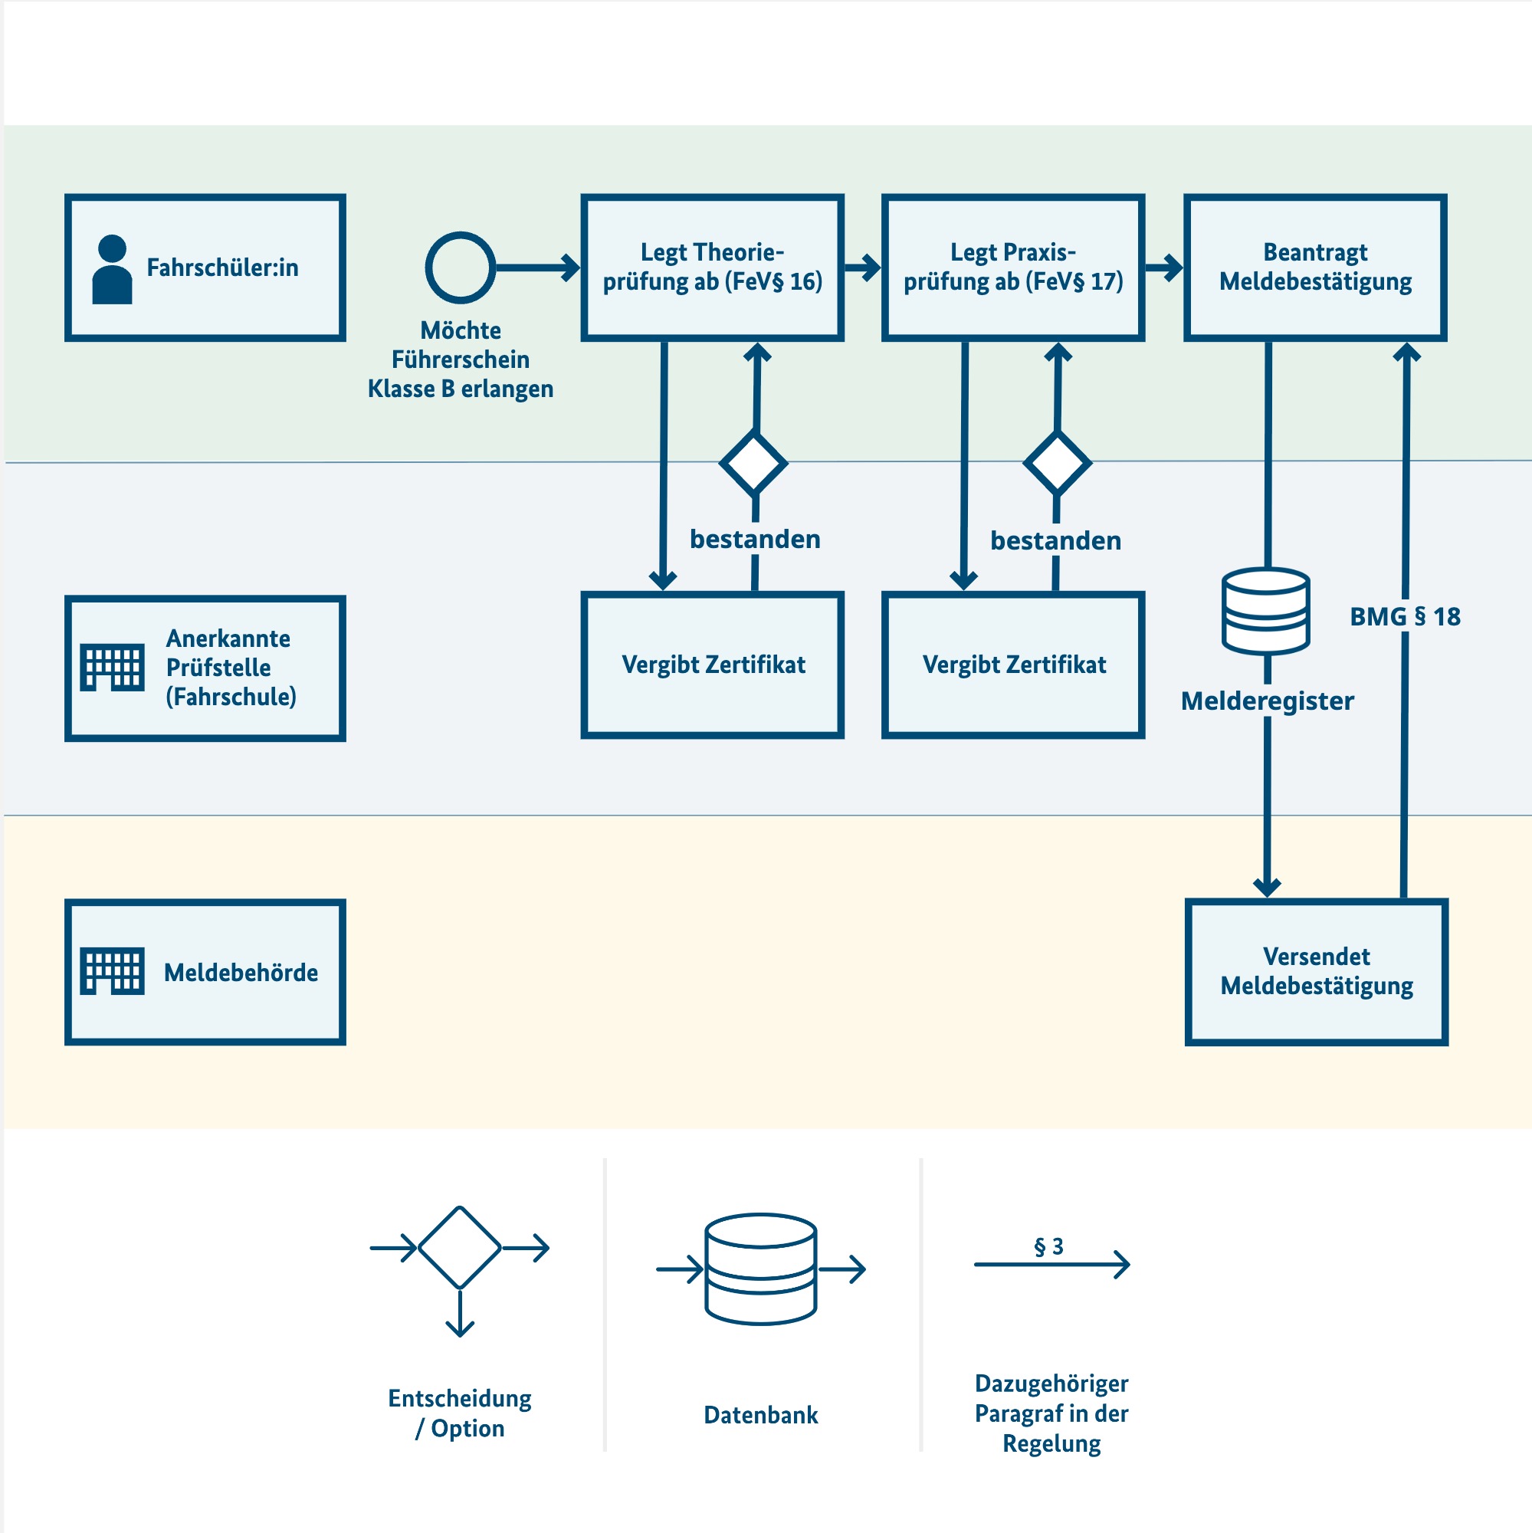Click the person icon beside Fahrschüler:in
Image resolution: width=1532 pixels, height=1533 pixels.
point(112,269)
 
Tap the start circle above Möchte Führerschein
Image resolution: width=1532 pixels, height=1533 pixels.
point(460,268)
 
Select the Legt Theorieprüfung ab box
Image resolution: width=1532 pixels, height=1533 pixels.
point(712,268)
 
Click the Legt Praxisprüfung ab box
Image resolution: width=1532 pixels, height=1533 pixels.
point(1012,268)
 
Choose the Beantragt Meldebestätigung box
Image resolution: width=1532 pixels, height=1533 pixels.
point(1314,268)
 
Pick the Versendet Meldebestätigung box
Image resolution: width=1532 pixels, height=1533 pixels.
point(1316,971)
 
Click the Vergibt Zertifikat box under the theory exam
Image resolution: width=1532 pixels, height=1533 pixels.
point(712,664)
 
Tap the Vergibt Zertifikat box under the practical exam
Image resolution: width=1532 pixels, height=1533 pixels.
point(1012,664)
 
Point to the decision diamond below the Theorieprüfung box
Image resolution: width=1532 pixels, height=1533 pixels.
point(753,464)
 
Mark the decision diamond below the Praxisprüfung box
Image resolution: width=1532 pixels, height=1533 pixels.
point(1057,464)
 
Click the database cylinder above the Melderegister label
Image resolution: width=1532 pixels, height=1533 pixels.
point(1265,611)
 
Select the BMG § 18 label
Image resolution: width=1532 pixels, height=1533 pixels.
point(1404,616)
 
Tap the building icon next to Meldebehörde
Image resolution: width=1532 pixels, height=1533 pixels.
point(112,970)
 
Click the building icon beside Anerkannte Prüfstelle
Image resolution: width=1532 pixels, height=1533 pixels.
point(112,667)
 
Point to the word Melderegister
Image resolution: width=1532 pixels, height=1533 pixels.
point(1266,701)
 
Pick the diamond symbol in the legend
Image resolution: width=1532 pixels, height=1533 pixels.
point(459,1247)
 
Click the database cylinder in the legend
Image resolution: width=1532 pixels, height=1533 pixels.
point(760,1268)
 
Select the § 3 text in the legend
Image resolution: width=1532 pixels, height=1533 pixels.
point(1048,1246)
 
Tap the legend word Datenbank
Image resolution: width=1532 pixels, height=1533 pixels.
point(760,1415)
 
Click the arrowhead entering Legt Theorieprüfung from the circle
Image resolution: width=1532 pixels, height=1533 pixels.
point(571,268)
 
